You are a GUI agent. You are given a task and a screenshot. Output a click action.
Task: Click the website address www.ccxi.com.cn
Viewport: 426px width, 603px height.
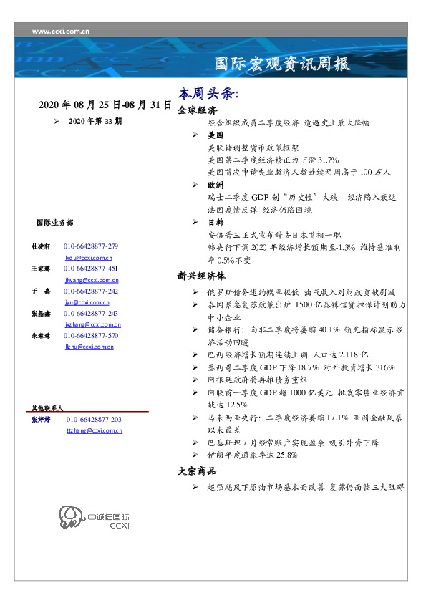(61, 32)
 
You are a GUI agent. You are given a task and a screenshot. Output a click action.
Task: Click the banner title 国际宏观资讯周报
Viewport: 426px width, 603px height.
(283, 64)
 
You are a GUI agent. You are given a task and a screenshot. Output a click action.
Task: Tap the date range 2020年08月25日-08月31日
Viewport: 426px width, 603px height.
(105, 105)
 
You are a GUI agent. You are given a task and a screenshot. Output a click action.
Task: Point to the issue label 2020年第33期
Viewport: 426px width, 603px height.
(95, 122)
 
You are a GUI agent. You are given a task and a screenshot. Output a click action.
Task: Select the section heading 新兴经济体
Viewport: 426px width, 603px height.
(201, 275)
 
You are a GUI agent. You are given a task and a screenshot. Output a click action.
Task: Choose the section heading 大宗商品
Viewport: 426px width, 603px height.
(197, 471)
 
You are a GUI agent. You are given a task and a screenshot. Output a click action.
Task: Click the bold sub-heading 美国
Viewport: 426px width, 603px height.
(216, 135)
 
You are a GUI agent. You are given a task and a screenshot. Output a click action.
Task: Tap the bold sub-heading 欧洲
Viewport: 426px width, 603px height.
(216, 185)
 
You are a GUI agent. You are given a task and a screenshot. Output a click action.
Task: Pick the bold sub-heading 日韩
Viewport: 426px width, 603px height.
(216, 223)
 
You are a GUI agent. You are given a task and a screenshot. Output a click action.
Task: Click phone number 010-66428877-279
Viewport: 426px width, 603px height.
(91, 246)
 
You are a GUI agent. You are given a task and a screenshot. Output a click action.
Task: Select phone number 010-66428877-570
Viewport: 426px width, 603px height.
(91, 336)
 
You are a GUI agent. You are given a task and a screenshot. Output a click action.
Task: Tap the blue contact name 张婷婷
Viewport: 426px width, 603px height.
(41, 420)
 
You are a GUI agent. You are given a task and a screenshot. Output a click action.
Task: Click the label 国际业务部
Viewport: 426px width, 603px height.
(54, 223)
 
